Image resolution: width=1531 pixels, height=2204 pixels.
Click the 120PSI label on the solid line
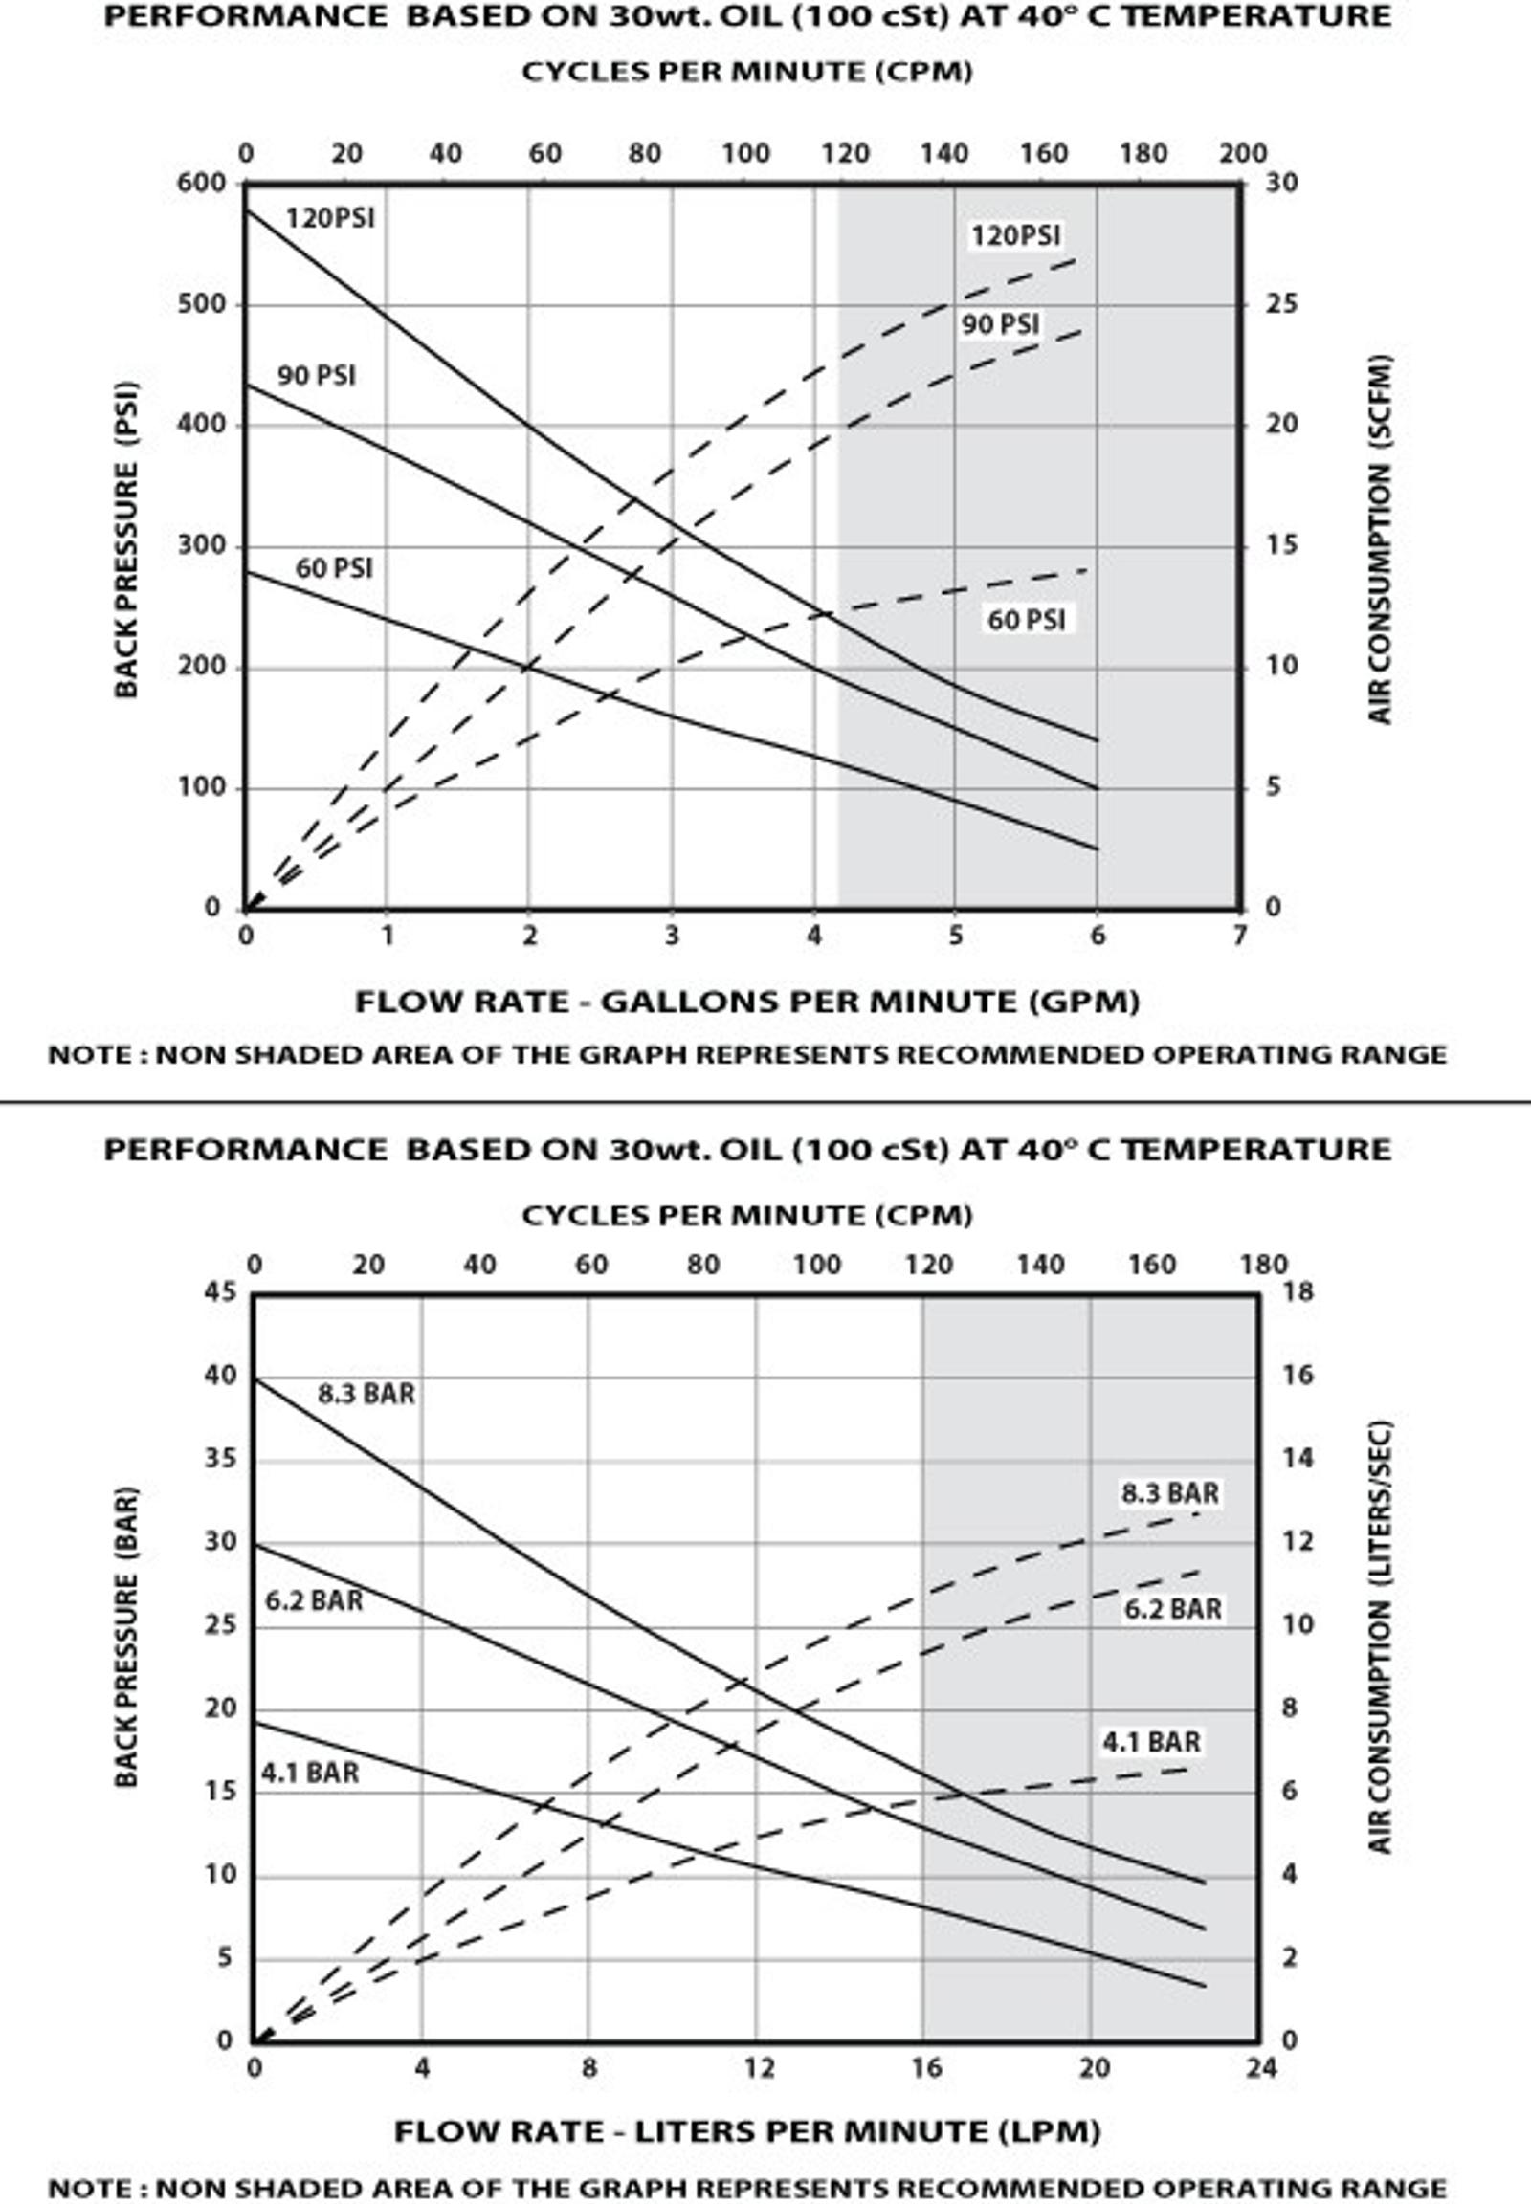pos(330,219)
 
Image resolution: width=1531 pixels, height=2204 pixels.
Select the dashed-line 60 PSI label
pos(1027,621)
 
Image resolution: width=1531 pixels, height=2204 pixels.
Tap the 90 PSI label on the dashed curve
pos(1001,325)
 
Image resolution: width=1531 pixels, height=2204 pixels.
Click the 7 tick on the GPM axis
pos(1239,937)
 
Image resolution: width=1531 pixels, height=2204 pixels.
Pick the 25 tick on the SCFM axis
pos(1280,305)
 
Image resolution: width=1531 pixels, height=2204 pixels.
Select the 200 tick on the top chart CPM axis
pos(1242,153)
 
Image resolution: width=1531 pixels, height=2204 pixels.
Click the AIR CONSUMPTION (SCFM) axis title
pos(1380,540)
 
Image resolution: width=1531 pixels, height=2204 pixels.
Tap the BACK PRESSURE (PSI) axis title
pos(126,540)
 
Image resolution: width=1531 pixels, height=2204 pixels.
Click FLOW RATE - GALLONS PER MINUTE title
pos(747,1003)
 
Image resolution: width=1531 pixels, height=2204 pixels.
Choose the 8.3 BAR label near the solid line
pos(366,1394)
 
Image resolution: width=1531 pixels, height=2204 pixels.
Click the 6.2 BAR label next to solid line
pos(314,1600)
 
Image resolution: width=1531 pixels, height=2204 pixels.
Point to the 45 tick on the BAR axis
pos(220,1292)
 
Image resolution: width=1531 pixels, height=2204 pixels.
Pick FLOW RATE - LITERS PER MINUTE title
pos(747,2132)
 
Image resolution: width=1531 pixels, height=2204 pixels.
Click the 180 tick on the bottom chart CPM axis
pos(1263,1265)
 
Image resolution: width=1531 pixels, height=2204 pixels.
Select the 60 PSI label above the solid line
pos(334,569)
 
